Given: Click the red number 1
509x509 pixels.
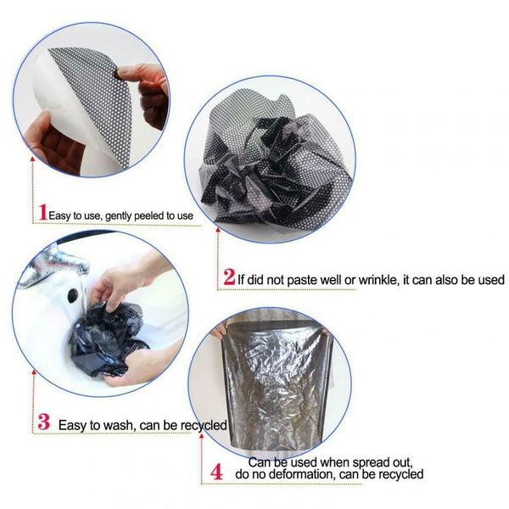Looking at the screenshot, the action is (43, 212).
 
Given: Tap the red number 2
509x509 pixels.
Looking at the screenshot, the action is (229, 277).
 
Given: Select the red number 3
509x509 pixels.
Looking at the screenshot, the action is (44, 422).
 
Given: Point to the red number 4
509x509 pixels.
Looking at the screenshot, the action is (216, 472).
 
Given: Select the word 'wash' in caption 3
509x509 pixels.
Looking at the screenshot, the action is (118, 425).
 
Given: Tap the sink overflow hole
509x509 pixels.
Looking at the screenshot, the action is (72, 295).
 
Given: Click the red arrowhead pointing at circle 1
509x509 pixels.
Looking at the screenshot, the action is (32, 159).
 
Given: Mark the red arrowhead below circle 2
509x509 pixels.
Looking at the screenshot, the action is (218, 230).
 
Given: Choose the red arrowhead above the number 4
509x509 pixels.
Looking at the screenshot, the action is (202, 436).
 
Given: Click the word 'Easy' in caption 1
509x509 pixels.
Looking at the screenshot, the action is (59, 215).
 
